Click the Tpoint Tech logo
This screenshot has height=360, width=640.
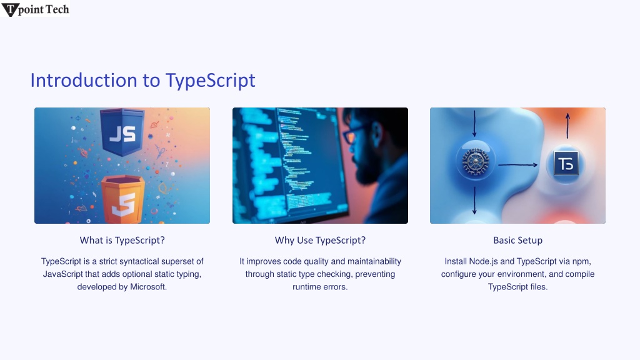(x=35, y=9)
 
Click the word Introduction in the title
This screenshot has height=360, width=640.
(x=84, y=81)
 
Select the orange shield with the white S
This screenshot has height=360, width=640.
(x=123, y=199)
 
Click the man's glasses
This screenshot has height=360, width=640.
(x=352, y=132)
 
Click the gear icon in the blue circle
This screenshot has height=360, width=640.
(x=475, y=161)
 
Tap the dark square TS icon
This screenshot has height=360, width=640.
(x=566, y=163)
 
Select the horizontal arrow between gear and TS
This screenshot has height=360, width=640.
(x=517, y=165)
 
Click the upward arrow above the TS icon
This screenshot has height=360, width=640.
(x=567, y=126)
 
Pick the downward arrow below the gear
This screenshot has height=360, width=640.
(x=474, y=201)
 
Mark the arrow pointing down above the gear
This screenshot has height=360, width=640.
(x=474, y=123)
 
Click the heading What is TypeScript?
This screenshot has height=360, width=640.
(x=122, y=241)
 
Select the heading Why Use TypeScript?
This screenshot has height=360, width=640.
(x=320, y=241)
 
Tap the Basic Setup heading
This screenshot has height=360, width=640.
(x=517, y=241)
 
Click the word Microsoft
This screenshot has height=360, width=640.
(x=148, y=287)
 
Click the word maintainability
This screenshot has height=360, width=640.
(x=374, y=261)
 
